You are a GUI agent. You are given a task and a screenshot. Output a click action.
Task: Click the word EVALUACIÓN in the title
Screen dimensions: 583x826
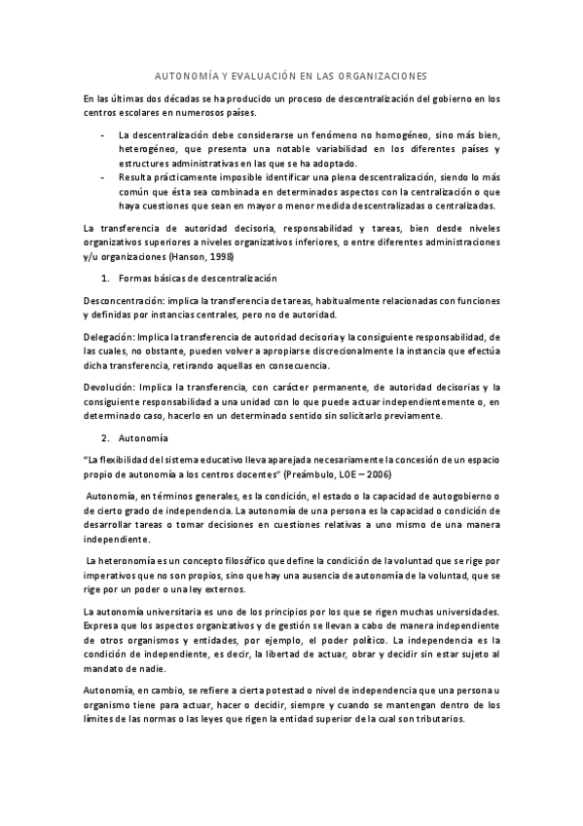click(253, 74)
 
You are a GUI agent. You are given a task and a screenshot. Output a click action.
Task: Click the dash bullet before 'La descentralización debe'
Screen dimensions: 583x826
click(103, 134)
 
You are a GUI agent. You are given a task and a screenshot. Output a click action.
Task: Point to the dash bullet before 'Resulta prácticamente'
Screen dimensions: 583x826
click(103, 178)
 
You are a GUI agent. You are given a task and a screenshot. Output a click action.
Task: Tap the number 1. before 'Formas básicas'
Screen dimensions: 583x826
click(107, 280)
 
